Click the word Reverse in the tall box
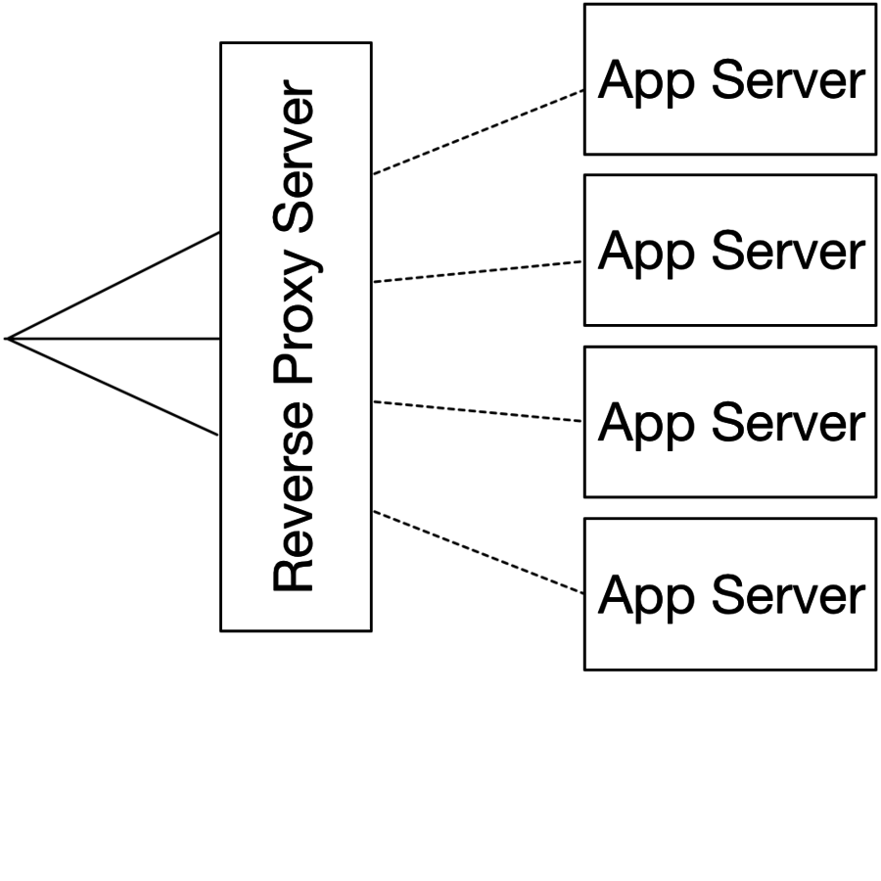click(x=296, y=504)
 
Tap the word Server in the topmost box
click(x=788, y=79)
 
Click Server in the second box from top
click(x=788, y=251)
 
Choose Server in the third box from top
click(x=788, y=423)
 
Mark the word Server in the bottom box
click(x=788, y=595)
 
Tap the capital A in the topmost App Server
click(x=616, y=79)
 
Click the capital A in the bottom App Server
click(x=616, y=595)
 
